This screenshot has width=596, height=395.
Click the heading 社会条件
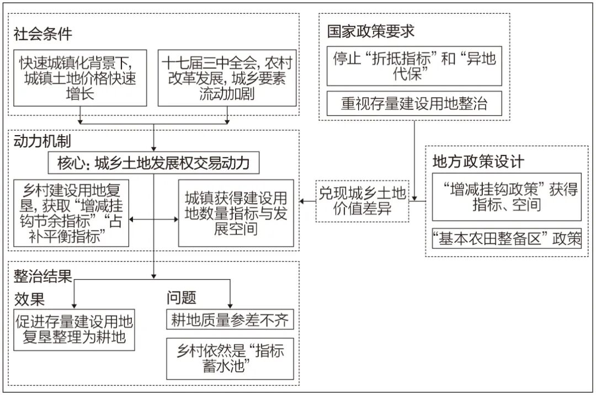pos(43,34)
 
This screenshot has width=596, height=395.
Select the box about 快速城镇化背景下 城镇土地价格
pos(80,77)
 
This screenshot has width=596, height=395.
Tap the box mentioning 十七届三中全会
pos(227,77)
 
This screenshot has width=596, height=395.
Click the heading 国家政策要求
pos(370,31)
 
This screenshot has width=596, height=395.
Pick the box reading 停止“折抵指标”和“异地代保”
pos(414,66)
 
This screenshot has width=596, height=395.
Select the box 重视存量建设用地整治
pos(414,104)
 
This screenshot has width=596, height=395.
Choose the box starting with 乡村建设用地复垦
pos(71,212)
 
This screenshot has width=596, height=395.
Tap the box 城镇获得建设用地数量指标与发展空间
pos(236,212)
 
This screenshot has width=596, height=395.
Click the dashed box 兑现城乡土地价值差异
pos(363,201)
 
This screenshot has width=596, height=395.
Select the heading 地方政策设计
pos(478,162)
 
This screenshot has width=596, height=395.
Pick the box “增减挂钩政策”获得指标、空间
pos(506,197)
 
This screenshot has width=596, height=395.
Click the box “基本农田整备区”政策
pos(506,239)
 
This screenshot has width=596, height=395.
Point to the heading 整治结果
pos(43,276)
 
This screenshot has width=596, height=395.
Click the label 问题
pos(182,298)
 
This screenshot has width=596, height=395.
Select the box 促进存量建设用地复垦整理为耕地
pos(74,329)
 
